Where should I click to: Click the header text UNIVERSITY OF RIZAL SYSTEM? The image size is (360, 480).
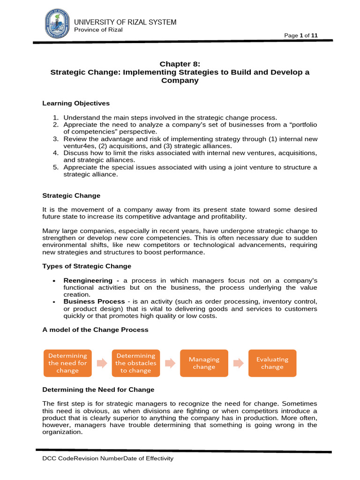(x=125, y=22)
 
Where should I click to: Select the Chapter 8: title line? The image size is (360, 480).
(x=180, y=64)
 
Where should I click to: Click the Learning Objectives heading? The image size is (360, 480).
(x=76, y=103)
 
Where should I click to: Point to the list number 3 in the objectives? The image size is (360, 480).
(x=55, y=139)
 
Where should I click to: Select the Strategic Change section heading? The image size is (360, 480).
(x=71, y=195)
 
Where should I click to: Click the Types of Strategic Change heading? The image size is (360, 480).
(x=87, y=266)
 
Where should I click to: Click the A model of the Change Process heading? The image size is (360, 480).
(x=95, y=330)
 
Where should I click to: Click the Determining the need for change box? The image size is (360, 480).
(x=67, y=363)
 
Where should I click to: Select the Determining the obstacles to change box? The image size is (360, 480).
(x=136, y=363)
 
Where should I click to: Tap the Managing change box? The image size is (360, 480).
(x=204, y=363)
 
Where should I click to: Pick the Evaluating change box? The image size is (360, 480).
(x=272, y=363)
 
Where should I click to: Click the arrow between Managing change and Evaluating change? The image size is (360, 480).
(x=238, y=363)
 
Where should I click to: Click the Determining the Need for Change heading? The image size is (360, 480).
(x=98, y=390)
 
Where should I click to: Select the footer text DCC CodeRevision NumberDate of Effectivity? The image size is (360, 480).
(x=108, y=458)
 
